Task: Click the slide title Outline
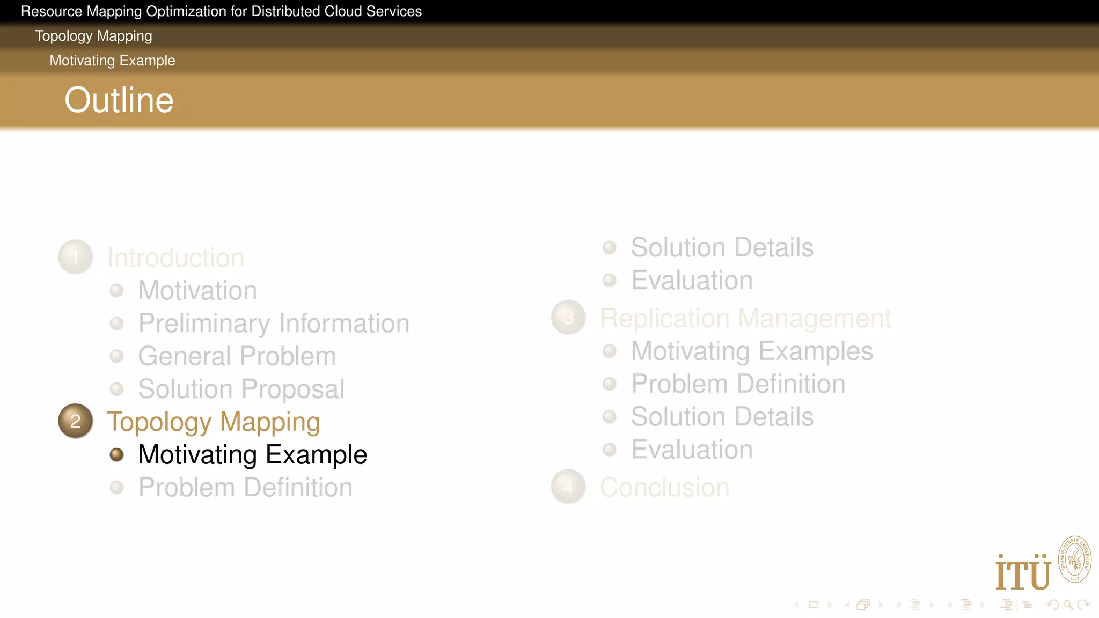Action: coord(119,100)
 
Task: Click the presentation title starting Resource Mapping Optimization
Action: coord(221,11)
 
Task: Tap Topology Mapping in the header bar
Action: coord(93,36)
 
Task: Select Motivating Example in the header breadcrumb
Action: coord(112,61)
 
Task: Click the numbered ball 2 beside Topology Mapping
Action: coord(75,421)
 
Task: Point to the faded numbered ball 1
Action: coord(75,257)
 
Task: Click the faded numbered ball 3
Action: coord(568,318)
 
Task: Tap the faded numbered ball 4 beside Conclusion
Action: coord(568,487)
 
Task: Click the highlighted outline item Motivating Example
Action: coord(252,454)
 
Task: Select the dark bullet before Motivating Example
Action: coord(116,455)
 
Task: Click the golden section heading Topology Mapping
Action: coord(214,422)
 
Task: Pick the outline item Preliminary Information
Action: coord(274,323)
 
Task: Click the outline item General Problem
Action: coord(237,356)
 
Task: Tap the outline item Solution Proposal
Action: coord(241,389)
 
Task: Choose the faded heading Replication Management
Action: coord(745,318)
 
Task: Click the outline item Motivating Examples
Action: coord(752,351)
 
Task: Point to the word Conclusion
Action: coord(664,488)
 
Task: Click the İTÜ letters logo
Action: coord(1023,573)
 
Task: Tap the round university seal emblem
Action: coord(1074,560)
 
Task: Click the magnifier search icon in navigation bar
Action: coord(1068,605)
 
